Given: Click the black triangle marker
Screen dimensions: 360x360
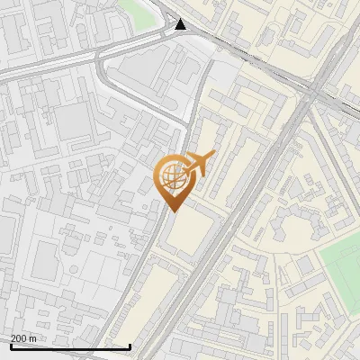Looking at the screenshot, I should coord(181,24).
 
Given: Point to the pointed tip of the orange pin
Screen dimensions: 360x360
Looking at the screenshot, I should coord(173,211).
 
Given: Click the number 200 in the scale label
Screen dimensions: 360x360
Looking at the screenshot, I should coord(19,338).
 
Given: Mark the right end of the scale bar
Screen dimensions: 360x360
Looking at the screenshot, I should coord(130,347).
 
